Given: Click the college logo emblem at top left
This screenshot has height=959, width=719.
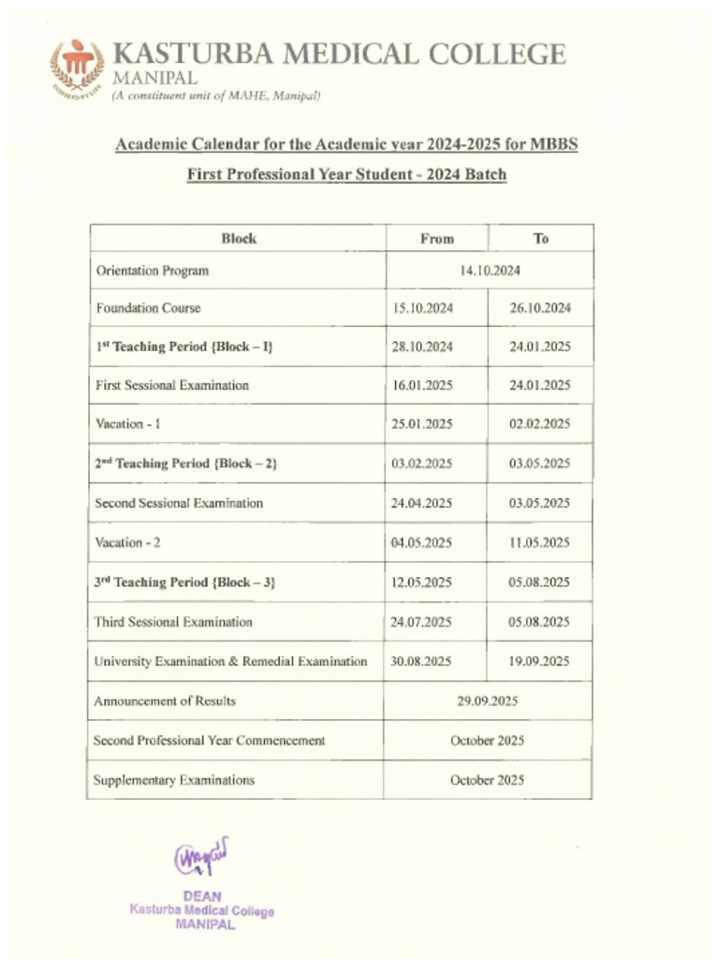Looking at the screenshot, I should coord(78,66).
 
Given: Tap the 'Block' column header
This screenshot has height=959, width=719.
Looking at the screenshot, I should coord(239,239).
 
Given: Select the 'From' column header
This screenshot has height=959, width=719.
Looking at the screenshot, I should coord(436,239).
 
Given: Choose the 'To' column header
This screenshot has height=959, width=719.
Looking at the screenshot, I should coord(541,239).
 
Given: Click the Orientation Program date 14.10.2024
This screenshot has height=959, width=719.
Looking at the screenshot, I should coord(490,271).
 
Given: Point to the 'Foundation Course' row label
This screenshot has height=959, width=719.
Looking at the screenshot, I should coord(148,307).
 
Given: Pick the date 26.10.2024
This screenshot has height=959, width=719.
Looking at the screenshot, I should coord(539,307).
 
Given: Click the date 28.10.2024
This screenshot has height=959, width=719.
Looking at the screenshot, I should coord(422,347).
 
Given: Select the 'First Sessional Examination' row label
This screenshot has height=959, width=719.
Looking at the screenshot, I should coord(172,385).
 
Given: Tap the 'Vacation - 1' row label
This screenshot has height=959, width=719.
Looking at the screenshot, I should coord(128,424).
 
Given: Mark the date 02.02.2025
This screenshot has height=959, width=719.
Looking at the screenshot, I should coord(539,424).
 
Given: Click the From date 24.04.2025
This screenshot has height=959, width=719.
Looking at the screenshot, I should coord(421,503).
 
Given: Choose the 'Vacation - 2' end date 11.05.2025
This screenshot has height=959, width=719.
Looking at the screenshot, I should coord(539,543).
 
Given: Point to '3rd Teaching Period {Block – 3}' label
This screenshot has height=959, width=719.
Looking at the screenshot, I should coord(185,583).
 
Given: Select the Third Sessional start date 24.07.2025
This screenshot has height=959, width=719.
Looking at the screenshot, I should coord(421,622).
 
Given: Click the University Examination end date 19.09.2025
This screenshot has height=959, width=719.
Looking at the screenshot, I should coord(539,661).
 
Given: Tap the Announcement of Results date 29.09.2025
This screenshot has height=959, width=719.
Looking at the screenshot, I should coord(487,701).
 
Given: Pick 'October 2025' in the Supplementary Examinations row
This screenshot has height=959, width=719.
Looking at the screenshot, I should coord(487,780).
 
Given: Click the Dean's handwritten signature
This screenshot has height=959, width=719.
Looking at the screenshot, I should coord(201,858).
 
